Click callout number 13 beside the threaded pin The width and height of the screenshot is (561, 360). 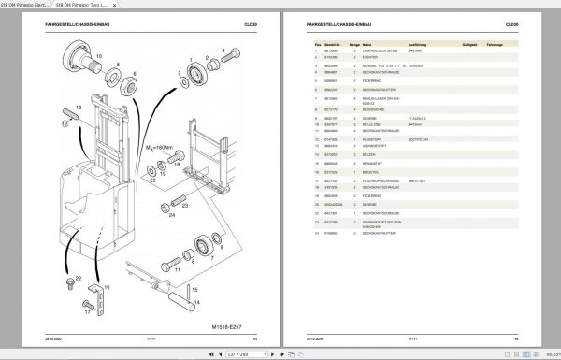coord(79,108)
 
